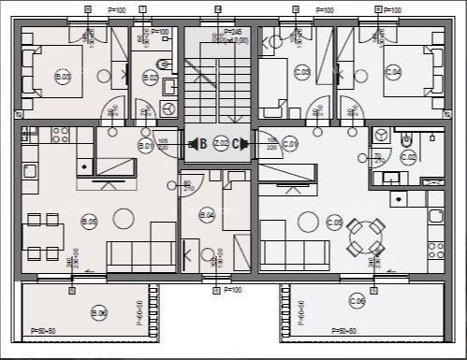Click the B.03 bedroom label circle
point(63,78)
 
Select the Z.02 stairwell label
point(221,143)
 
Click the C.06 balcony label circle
point(357,300)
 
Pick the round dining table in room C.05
point(364,237)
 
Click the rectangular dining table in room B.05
point(43,236)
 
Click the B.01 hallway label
point(145,146)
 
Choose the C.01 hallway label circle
point(290,144)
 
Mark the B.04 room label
point(208,215)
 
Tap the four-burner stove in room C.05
point(435,249)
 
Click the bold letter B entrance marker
point(202,143)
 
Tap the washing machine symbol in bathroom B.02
point(168,109)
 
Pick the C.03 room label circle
point(302,71)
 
